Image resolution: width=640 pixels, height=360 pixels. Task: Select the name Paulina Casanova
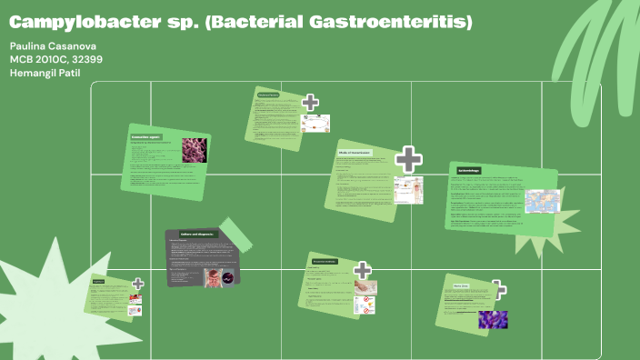click(52, 45)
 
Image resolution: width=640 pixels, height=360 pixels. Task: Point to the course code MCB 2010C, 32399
click(56, 59)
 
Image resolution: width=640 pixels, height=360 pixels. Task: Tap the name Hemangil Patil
click(45, 72)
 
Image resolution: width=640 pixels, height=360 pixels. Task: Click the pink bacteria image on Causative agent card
click(194, 150)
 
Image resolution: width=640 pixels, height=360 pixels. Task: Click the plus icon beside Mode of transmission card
click(409, 159)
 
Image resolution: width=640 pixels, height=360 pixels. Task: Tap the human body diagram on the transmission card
click(408, 189)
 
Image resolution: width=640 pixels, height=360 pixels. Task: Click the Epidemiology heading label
click(469, 170)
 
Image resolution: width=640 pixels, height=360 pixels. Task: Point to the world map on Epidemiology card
click(543, 200)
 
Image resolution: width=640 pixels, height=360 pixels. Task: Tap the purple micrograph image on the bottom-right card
click(494, 318)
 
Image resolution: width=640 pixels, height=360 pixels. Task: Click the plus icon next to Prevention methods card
click(363, 270)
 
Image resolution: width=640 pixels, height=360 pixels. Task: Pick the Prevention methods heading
click(325, 261)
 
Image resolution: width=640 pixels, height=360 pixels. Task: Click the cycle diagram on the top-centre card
click(315, 123)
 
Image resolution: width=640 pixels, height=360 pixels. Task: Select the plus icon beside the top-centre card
click(310, 102)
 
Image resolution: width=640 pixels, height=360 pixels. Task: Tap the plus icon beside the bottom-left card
click(137, 285)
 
